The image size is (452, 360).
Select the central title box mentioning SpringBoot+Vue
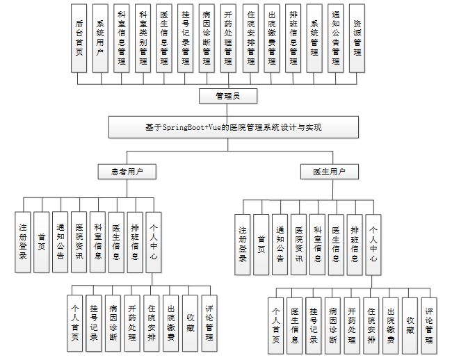tap(234, 128)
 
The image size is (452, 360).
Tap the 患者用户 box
tap(123, 171)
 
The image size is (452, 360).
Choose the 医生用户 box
tap(325, 171)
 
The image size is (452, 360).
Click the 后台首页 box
tap(79, 38)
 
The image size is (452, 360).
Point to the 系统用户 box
tap(100, 38)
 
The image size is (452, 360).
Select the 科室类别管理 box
tap(143, 38)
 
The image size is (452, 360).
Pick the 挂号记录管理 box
tap(185, 38)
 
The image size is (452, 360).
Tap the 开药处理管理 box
tap(228, 38)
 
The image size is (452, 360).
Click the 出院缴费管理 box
tap(271, 38)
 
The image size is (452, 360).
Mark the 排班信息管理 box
tap(292, 38)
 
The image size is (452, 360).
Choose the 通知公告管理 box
tap(336, 38)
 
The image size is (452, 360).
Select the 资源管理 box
tap(357, 38)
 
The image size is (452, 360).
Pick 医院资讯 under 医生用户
tap(299, 244)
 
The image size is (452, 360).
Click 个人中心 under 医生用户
tap(373, 244)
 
